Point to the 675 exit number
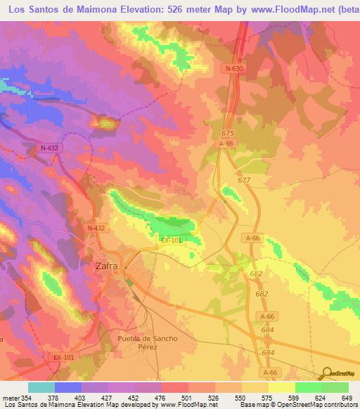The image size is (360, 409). (x=226, y=133)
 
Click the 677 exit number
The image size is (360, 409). (x=244, y=181)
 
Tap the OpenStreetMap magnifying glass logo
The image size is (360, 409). (x=326, y=374)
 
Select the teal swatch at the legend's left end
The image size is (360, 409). (x=41, y=387)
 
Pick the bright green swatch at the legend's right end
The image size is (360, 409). (x=335, y=387)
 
